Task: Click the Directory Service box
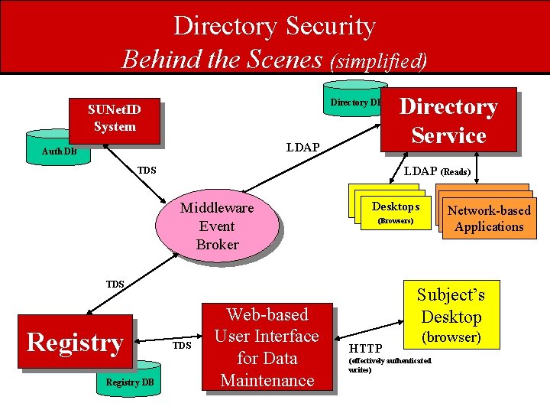pyautogui.click(x=448, y=121)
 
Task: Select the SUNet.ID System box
pyautogui.click(x=115, y=119)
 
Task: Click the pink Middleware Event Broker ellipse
pyautogui.click(x=217, y=226)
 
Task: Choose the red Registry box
pyautogui.click(x=75, y=342)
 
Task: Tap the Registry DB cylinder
pyautogui.click(x=129, y=382)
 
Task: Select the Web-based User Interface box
pyautogui.click(x=267, y=347)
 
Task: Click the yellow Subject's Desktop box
pyautogui.click(x=451, y=315)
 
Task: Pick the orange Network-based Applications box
pyautogui.click(x=489, y=219)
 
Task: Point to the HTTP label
pyautogui.click(x=365, y=349)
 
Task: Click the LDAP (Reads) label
pyautogui.click(x=437, y=171)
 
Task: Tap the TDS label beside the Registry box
pyautogui.click(x=181, y=346)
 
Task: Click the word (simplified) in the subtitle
pyautogui.click(x=378, y=60)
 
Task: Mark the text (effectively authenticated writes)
pyautogui.click(x=390, y=365)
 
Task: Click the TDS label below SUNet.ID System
pyautogui.click(x=147, y=170)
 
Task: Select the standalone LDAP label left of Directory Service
pyautogui.click(x=302, y=146)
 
